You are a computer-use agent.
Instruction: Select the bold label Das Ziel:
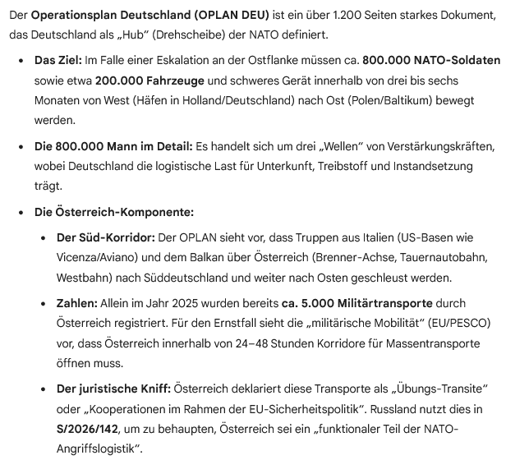pyautogui.click(x=58, y=62)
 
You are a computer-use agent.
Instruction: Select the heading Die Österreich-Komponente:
pyautogui.click(x=113, y=212)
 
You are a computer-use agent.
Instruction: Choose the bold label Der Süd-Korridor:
pyautogui.click(x=104, y=238)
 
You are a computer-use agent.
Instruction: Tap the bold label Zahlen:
pyautogui.click(x=76, y=304)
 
